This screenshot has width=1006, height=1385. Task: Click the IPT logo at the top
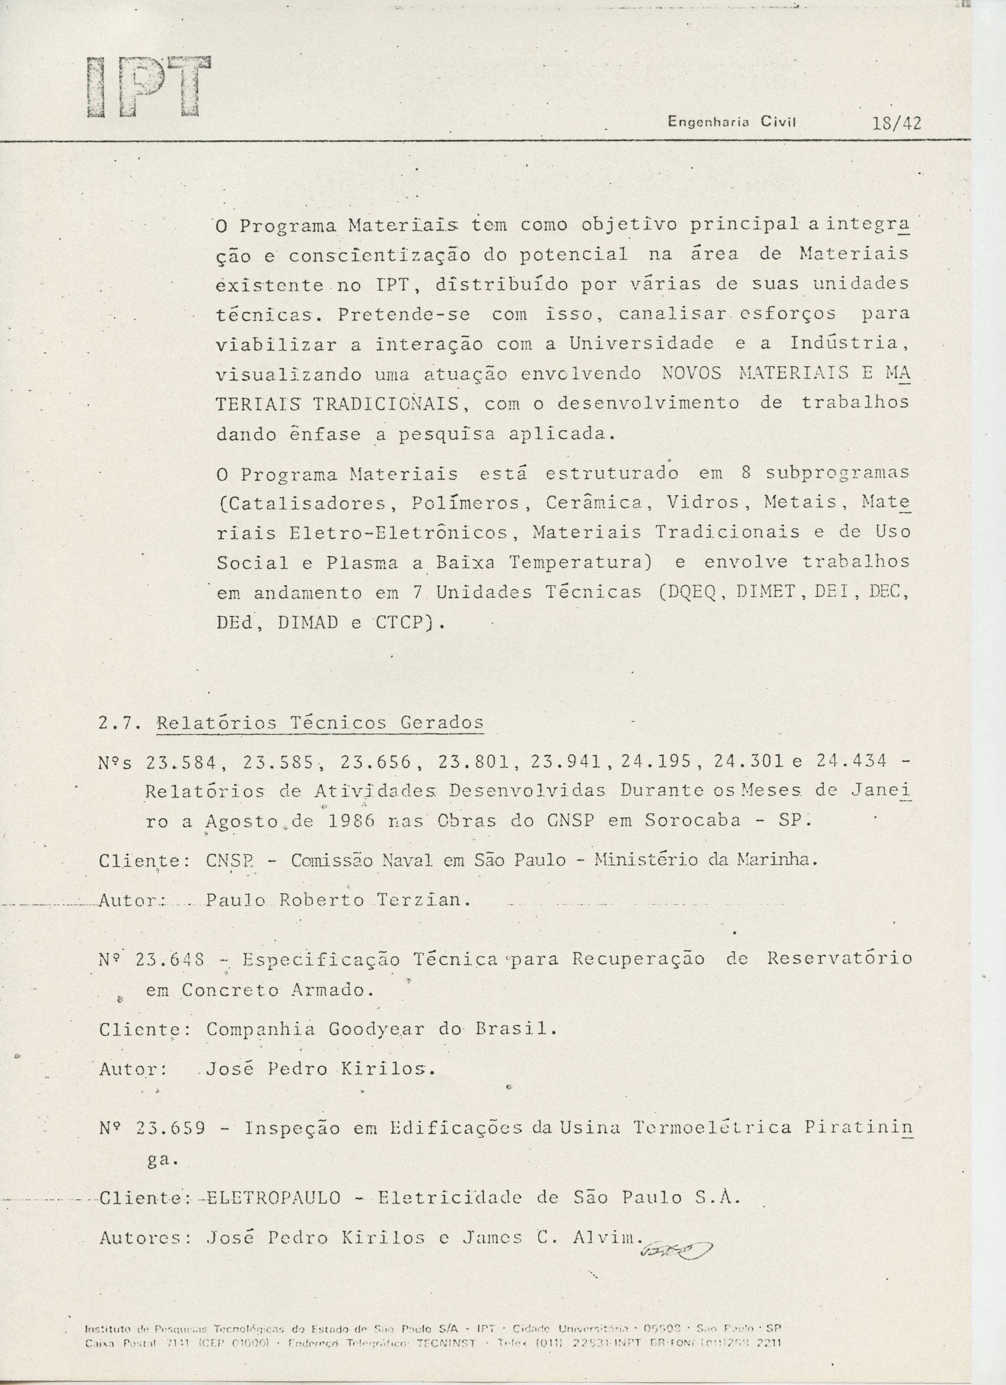pyautogui.click(x=148, y=87)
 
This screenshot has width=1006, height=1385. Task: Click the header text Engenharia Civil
pyautogui.click(x=732, y=122)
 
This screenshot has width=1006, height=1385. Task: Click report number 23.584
pyautogui.click(x=181, y=763)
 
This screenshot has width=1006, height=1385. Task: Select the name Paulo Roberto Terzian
pyautogui.click(x=336, y=900)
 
